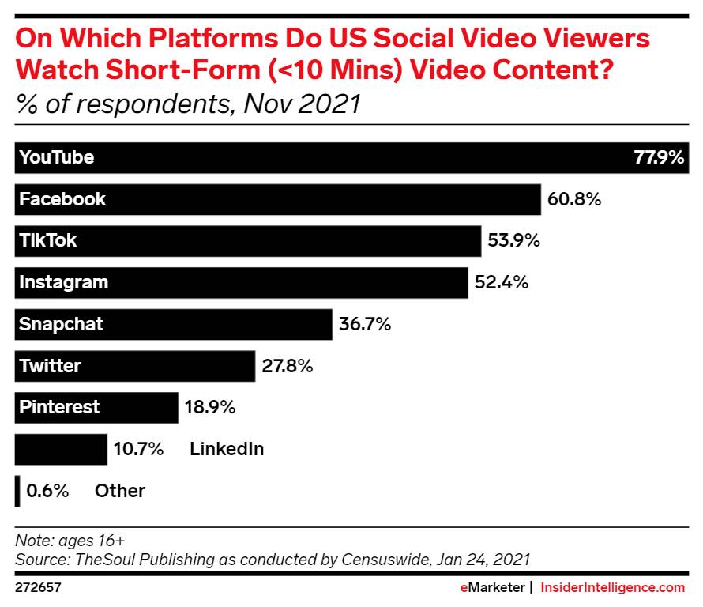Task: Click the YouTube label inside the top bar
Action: point(56,157)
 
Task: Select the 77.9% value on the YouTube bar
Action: point(659,157)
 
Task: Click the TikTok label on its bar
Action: point(48,240)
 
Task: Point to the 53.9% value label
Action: point(513,241)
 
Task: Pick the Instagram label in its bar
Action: point(63,282)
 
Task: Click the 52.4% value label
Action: point(501,282)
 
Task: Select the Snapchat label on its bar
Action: point(61,324)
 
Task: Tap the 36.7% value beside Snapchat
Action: point(364,324)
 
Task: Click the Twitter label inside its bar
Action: point(50,366)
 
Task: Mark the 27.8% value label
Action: point(287,366)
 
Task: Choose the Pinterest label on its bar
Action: point(59,407)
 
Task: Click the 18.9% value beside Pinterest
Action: point(210,408)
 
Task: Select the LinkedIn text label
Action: point(227,450)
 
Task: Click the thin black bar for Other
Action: point(17,491)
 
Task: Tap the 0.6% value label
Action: point(47,491)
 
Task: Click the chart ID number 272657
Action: point(39,588)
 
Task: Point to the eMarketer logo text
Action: point(493,588)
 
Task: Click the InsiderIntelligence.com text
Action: point(612,588)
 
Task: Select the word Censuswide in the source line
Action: point(382,560)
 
